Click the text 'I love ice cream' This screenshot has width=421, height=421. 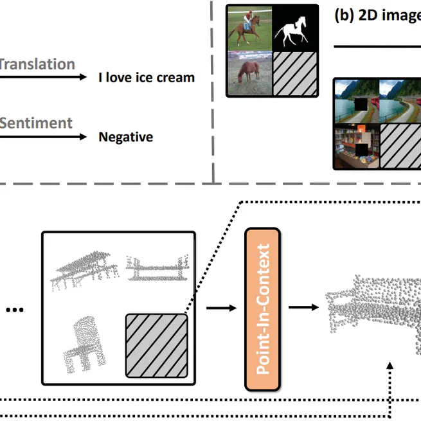tap(146, 78)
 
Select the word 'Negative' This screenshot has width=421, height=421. tap(125, 137)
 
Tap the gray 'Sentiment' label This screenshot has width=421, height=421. tap(36, 123)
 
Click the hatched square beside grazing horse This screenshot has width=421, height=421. tap(295, 73)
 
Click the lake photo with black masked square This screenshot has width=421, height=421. tap(356, 101)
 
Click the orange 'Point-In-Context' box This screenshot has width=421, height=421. tap(262, 309)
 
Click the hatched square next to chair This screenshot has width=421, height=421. tap(156, 345)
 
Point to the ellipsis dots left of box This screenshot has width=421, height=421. tap(14, 310)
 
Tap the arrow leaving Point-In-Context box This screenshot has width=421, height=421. tap(303, 307)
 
